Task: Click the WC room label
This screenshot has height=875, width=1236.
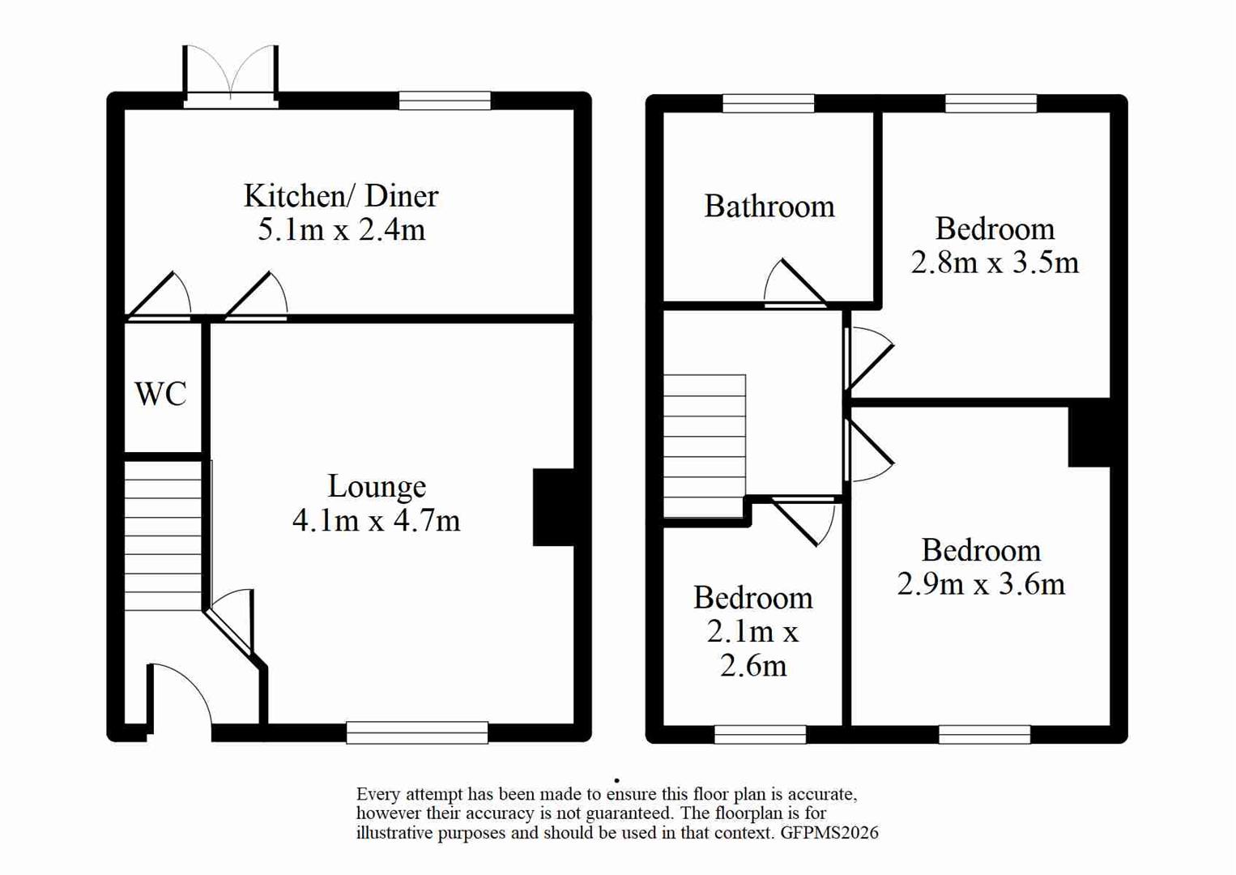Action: point(160,395)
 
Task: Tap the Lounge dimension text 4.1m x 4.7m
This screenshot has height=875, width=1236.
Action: point(376,520)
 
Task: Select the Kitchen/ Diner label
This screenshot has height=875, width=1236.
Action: point(341,196)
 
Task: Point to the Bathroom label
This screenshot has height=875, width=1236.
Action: point(769,207)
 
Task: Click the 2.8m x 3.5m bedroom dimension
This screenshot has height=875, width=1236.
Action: point(995,263)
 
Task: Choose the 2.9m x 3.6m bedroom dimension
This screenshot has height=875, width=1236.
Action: point(980,584)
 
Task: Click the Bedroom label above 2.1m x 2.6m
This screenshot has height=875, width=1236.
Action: point(752,598)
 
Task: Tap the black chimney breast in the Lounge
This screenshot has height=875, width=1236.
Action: point(553,507)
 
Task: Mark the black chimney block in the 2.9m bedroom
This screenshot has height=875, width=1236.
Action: point(1089,436)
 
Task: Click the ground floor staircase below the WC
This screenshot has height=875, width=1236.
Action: point(163,536)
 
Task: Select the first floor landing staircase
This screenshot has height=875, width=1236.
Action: point(704,445)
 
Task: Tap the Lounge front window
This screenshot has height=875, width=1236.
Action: point(417,732)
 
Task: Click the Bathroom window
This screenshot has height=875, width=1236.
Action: point(768,103)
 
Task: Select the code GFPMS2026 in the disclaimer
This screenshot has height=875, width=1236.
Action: point(829,833)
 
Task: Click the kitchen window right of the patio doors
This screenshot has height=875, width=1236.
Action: point(445,100)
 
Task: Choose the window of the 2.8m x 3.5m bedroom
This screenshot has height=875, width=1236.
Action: point(991,103)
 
